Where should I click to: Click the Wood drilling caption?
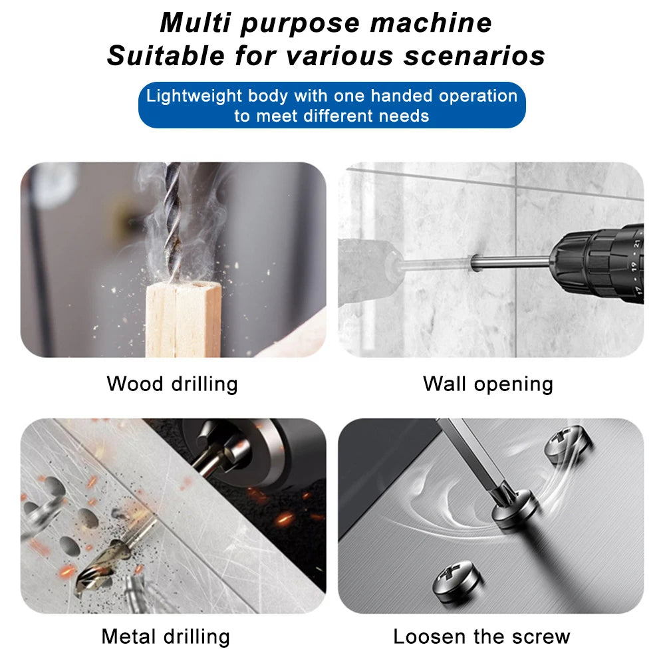pyautogui.click(x=172, y=384)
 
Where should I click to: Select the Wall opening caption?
pyautogui.click(x=488, y=384)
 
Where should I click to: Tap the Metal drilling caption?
pyautogui.click(x=166, y=636)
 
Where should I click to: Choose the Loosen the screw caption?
pyautogui.click(x=481, y=636)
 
